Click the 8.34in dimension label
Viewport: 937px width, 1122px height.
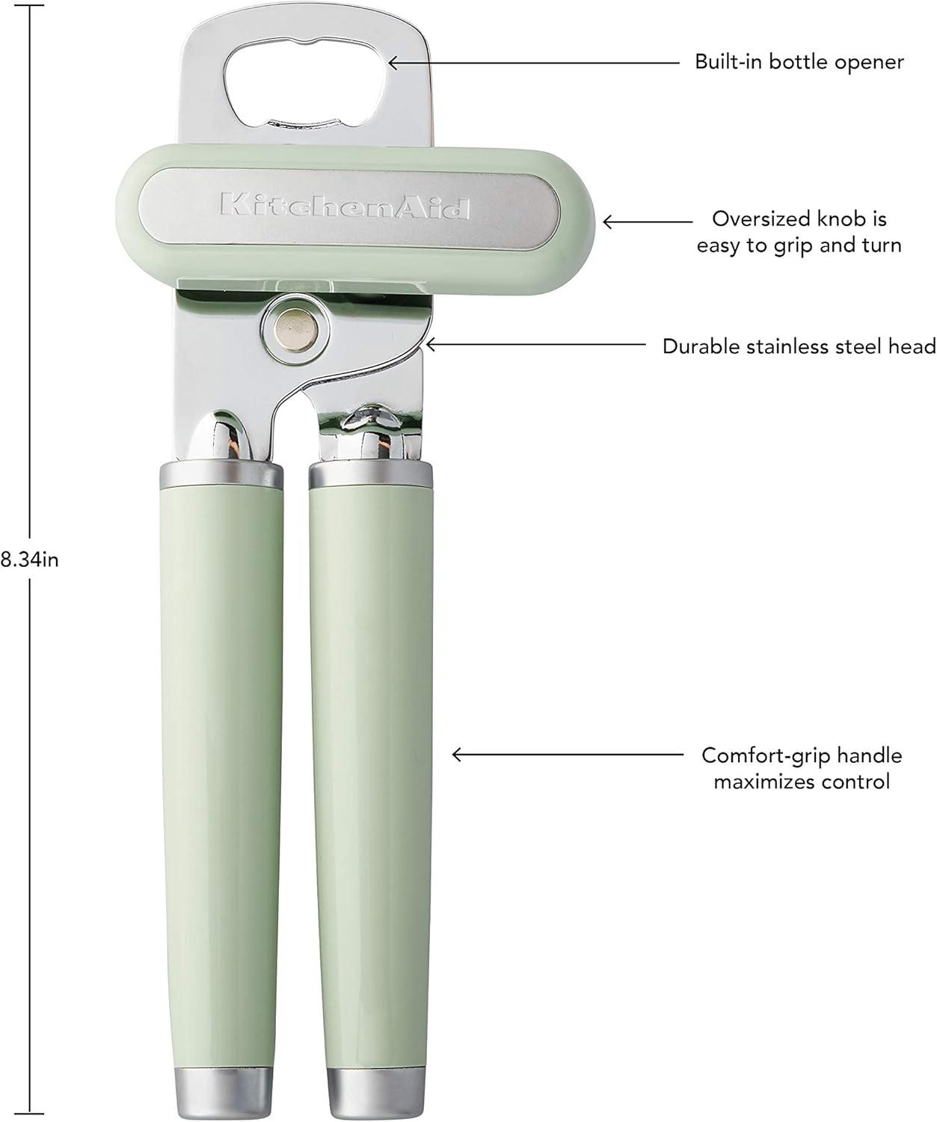[29, 559]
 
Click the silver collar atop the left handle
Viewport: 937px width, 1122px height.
[221, 474]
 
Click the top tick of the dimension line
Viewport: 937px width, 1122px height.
[31, 6]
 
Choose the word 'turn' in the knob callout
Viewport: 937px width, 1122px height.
[882, 245]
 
